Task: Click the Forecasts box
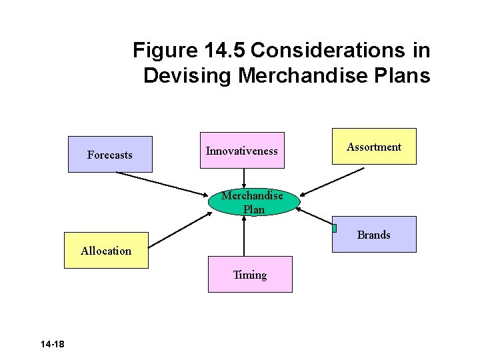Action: [x=110, y=155]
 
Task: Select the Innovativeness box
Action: [x=242, y=151]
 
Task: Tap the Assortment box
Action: [x=374, y=147]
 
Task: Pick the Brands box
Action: [x=374, y=235]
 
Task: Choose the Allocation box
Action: [x=106, y=251]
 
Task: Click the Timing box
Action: [x=250, y=275]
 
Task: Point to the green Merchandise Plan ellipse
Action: [x=254, y=201]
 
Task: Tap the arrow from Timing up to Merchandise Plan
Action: [x=245, y=236]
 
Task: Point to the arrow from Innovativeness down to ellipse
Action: [x=244, y=178]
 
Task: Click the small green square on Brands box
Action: [x=334, y=228]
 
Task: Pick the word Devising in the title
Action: [x=187, y=76]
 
